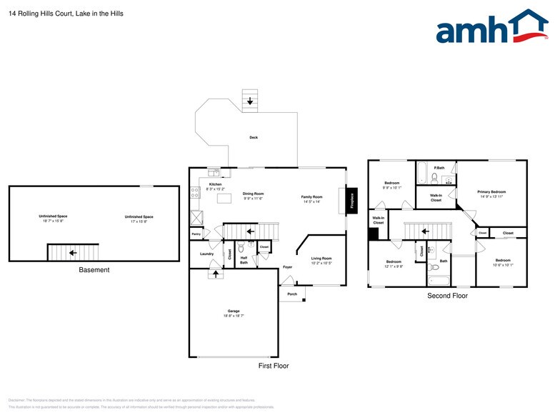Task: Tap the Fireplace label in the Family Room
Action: (352, 201)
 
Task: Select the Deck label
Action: (253, 137)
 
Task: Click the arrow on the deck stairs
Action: (249, 102)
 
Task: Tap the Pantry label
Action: (196, 234)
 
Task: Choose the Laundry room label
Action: (207, 254)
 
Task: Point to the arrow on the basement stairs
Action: (72, 252)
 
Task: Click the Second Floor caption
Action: (447, 295)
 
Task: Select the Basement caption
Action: (94, 270)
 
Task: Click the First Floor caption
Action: (274, 365)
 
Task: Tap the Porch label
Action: (292, 294)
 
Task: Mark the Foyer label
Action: (287, 267)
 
